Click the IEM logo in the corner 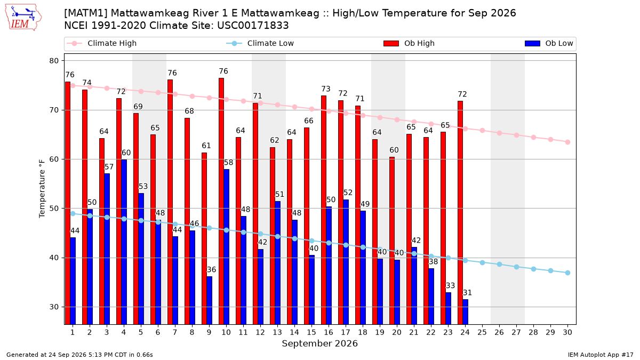(x=23, y=18)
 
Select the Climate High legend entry (x=101, y=43)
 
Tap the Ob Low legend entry (x=549, y=43)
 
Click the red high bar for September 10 (x=221, y=201)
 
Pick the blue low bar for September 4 (x=124, y=242)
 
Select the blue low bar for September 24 (x=466, y=311)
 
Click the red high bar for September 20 (x=392, y=241)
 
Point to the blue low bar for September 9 (x=210, y=300)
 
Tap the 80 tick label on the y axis (x=54, y=61)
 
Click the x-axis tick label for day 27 (x=516, y=332)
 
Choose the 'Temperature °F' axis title (x=42, y=189)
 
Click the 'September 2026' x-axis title (x=319, y=343)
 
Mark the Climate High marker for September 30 (x=567, y=142)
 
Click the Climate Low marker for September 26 (x=499, y=265)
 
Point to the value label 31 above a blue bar (x=467, y=293)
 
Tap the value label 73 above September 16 (x=326, y=89)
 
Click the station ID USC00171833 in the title (x=253, y=26)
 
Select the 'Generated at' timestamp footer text (x=79, y=355)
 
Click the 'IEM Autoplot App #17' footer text (x=601, y=355)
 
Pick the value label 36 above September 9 (x=211, y=270)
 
